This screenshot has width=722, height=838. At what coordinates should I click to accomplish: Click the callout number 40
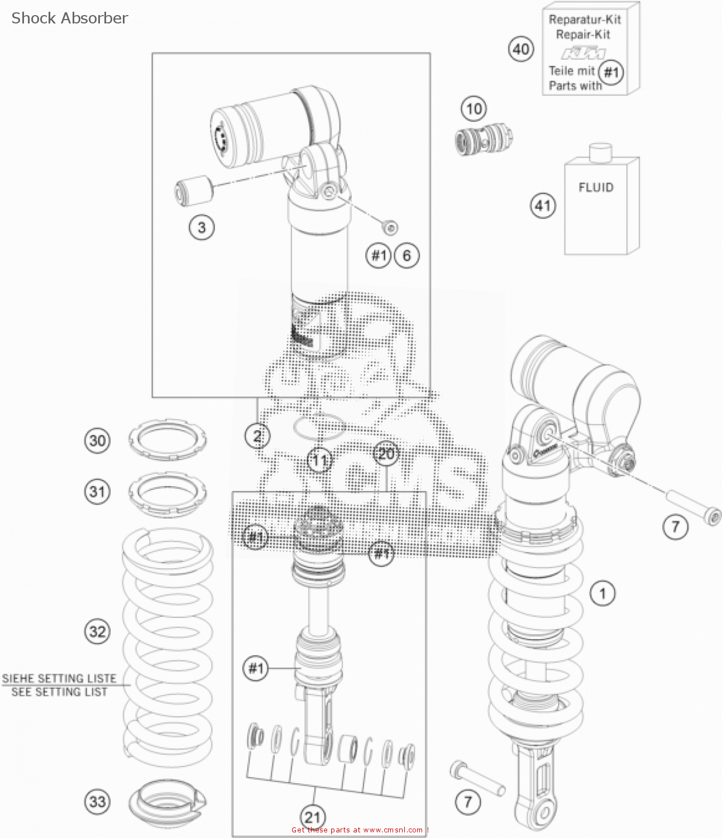pyautogui.click(x=521, y=49)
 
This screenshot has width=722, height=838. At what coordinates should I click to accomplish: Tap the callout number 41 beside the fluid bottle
pyautogui.click(x=543, y=206)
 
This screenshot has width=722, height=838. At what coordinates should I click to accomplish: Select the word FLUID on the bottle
pyautogui.click(x=596, y=187)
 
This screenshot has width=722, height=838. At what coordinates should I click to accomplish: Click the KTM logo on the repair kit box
pyautogui.click(x=584, y=54)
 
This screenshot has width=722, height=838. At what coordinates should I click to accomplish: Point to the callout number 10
pyautogui.click(x=474, y=108)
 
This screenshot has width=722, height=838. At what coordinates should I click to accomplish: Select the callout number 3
pyautogui.click(x=202, y=227)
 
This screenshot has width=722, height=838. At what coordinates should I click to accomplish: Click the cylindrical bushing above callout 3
pyautogui.click(x=194, y=189)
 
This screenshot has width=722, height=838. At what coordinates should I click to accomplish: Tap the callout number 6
pyautogui.click(x=407, y=255)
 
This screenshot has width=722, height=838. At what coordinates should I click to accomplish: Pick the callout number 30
pyautogui.click(x=97, y=440)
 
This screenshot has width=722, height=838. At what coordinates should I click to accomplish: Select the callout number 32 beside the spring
pyautogui.click(x=97, y=631)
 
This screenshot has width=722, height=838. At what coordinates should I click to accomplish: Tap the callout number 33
pyautogui.click(x=97, y=801)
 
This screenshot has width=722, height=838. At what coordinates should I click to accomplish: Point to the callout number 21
pyautogui.click(x=313, y=817)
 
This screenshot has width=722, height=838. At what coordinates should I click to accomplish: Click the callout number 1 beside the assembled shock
pyautogui.click(x=603, y=593)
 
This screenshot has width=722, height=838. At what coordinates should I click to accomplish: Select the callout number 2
pyautogui.click(x=257, y=436)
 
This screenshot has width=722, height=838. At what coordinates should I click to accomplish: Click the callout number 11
pyautogui.click(x=319, y=461)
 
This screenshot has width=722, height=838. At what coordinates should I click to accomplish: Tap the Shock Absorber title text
pyautogui.click(x=70, y=18)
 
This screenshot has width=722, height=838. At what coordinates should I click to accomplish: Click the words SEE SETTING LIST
pyautogui.click(x=59, y=692)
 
